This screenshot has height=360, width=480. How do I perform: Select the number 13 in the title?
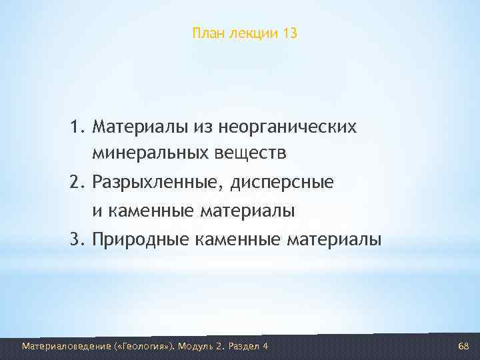[x=289, y=33]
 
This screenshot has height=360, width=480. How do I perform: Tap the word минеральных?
[x=152, y=155]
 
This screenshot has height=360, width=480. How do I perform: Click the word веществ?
[x=252, y=155]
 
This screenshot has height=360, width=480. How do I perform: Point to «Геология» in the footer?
[x=146, y=346]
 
